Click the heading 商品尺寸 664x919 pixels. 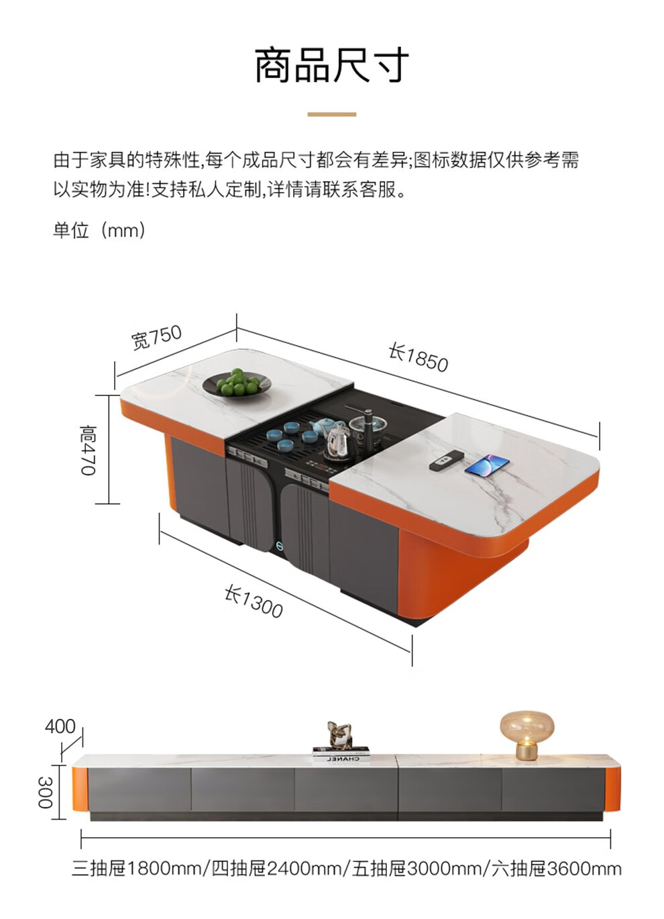pyautogui.click(x=331, y=65)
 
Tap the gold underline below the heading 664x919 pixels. pyautogui.click(x=331, y=114)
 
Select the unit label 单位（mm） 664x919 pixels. pyautogui.click(x=99, y=230)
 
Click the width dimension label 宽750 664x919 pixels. pyautogui.click(x=156, y=337)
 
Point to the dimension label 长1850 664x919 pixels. pyautogui.click(x=418, y=356)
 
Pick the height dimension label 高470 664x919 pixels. pyautogui.click(x=89, y=450)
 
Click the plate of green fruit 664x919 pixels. pyautogui.click(x=237, y=384)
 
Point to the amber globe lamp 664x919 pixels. pyautogui.click(x=527, y=734)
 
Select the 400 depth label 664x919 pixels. pyautogui.click(x=60, y=726)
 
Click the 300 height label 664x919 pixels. pyautogui.click(x=45, y=792)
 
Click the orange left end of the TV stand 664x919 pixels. pyautogui.click(x=80, y=789)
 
